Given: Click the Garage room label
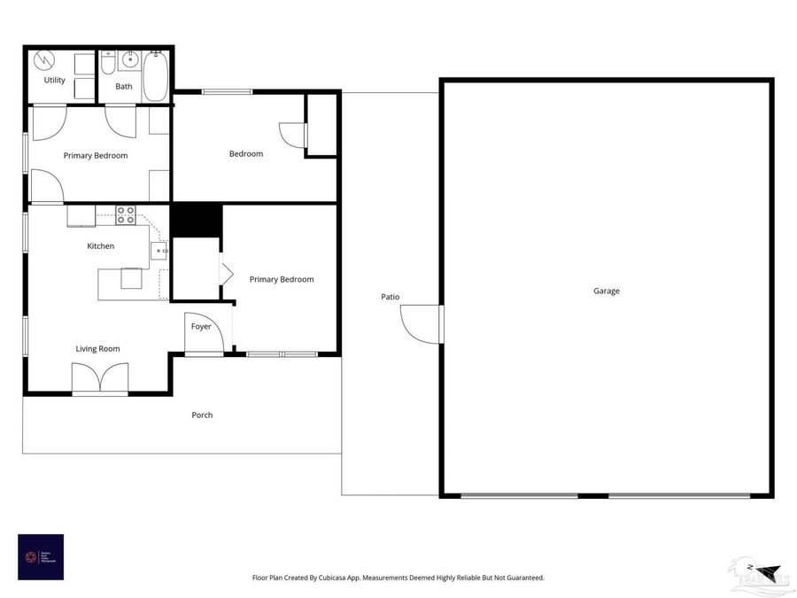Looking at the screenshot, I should pyautogui.click(x=607, y=291).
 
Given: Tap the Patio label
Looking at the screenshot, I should pyautogui.click(x=391, y=297).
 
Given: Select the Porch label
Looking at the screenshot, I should pyautogui.click(x=202, y=415).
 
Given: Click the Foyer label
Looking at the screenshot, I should pyautogui.click(x=201, y=327).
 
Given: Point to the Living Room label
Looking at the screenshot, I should pyautogui.click(x=97, y=349).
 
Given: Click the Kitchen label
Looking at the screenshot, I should pyautogui.click(x=100, y=246).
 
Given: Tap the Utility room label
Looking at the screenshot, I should pyautogui.click(x=55, y=81).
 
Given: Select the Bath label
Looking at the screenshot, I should pyautogui.click(x=124, y=87).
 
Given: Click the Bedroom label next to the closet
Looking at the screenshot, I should pyautogui.click(x=246, y=154).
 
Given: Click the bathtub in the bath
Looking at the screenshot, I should pyautogui.click(x=156, y=76).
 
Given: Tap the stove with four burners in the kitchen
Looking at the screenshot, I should pyautogui.click(x=126, y=214).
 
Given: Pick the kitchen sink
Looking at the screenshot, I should pyautogui.click(x=159, y=251).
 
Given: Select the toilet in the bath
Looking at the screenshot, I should pyautogui.click(x=107, y=63).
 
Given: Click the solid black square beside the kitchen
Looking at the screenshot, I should pyautogui.click(x=196, y=220).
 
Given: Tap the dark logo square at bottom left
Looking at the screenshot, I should pyautogui.click(x=41, y=556).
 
